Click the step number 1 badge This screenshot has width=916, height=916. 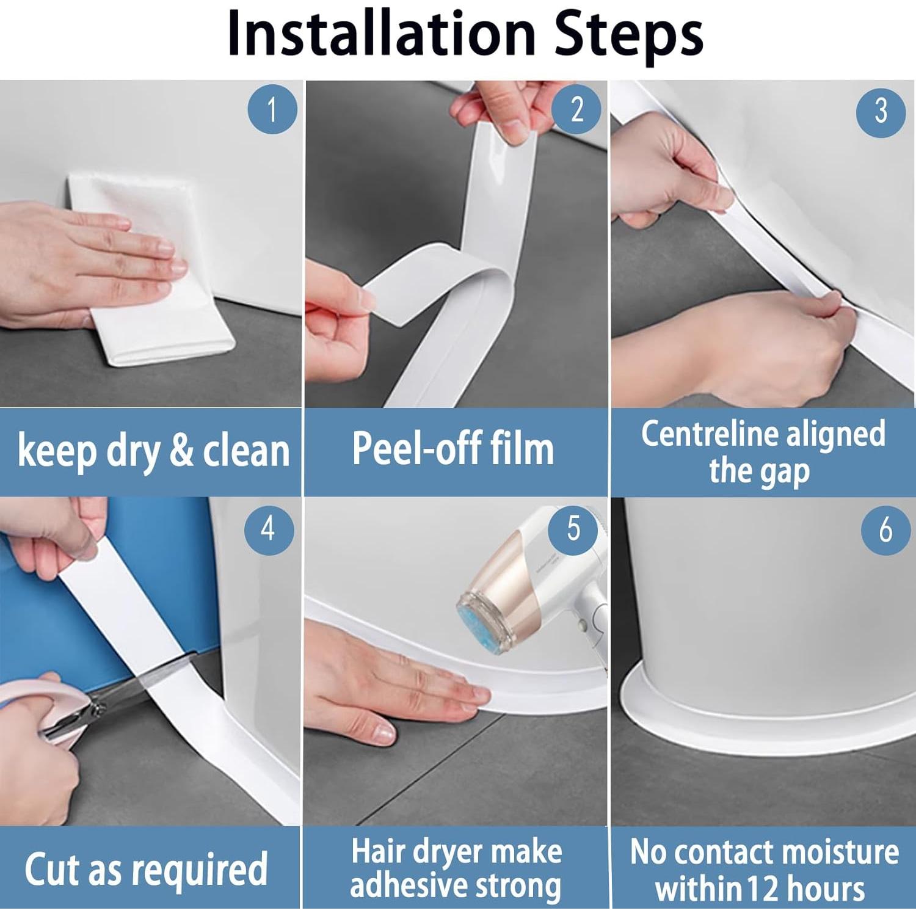tap(272, 110)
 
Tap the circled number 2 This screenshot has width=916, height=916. tap(576, 110)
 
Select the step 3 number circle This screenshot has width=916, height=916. tap(881, 111)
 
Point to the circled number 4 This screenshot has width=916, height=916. tap(269, 529)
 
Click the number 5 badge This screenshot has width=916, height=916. tap(573, 529)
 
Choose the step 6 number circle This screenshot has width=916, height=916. tap(885, 529)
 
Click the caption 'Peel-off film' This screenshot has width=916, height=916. tap(453, 449)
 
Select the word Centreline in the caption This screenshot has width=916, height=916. tap(708, 434)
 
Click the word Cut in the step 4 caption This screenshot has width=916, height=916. tap(53, 869)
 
